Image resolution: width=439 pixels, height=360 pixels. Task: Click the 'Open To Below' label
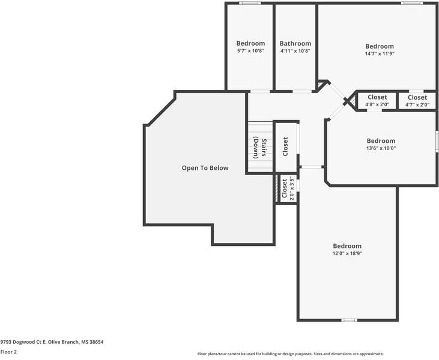click(205, 168)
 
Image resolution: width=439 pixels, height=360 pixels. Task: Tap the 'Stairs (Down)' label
click(259, 148)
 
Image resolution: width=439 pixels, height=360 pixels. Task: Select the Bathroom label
click(295, 43)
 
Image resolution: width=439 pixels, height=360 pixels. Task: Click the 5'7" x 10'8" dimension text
click(250, 51)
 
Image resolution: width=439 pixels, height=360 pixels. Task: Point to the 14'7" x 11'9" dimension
click(380, 54)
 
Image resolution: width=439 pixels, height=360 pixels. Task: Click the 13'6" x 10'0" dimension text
click(381, 148)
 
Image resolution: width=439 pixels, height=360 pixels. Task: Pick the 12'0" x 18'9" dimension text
click(348, 253)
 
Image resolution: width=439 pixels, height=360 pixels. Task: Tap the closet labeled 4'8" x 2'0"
click(377, 101)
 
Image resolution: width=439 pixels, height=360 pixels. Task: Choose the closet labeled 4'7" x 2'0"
click(417, 101)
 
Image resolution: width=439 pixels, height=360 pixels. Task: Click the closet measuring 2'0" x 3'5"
click(287, 188)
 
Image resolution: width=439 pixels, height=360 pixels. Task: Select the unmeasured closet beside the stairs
click(285, 146)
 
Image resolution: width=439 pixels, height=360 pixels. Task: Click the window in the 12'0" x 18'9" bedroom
click(349, 320)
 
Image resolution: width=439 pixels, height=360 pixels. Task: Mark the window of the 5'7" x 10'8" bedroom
click(250, 3)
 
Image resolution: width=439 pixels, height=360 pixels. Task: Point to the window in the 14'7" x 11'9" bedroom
click(412, 3)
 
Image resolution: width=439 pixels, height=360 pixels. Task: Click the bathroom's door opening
click(302, 91)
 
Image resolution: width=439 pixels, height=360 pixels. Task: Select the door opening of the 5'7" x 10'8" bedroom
click(260, 91)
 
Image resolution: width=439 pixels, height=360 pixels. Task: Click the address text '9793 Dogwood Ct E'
click(23, 342)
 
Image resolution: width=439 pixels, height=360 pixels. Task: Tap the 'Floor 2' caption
click(8, 352)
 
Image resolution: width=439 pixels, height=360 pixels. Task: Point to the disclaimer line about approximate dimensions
click(291, 354)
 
